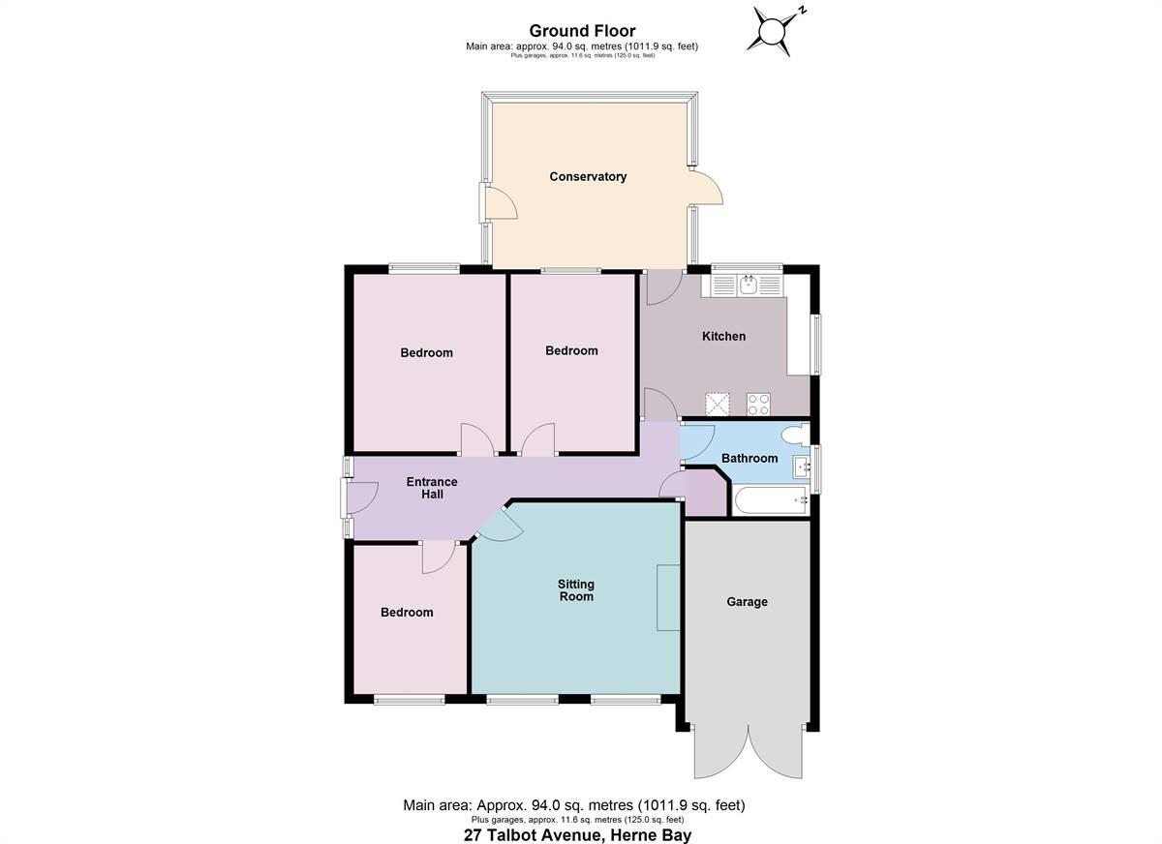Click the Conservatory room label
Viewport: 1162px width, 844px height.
tap(588, 177)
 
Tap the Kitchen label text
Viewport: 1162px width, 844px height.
tap(723, 337)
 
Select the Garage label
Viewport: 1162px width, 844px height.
tap(747, 602)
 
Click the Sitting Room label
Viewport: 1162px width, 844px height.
tap(575, 590)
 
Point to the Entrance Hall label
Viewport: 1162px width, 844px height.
tap(431, 488)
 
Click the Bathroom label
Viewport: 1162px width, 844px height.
tap(749, 458)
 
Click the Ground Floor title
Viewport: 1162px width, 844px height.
tap(582, 31)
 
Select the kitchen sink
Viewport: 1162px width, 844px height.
tap(748, 285)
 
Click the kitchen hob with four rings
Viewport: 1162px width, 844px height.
tap(757, 404)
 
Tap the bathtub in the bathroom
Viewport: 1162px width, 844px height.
tap(771, 500)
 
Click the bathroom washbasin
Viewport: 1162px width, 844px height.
tap(801, 467)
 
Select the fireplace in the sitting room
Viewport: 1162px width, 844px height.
tap(667, 598)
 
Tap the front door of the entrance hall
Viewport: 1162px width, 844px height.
tap(358, 497)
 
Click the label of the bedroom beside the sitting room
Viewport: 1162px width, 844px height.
tap(407, 613)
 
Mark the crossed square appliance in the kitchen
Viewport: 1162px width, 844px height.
tap(717, 404)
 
